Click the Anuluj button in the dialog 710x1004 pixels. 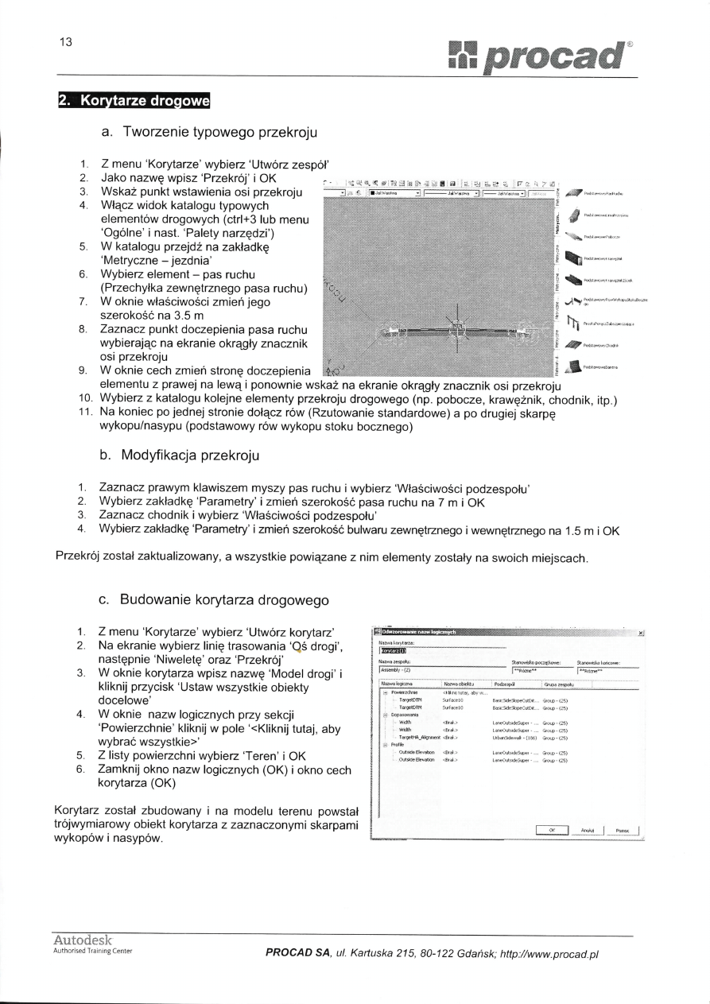coord(588,830)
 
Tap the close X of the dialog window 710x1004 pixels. coord(641,633)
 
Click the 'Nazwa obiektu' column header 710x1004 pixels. coord(460,683)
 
